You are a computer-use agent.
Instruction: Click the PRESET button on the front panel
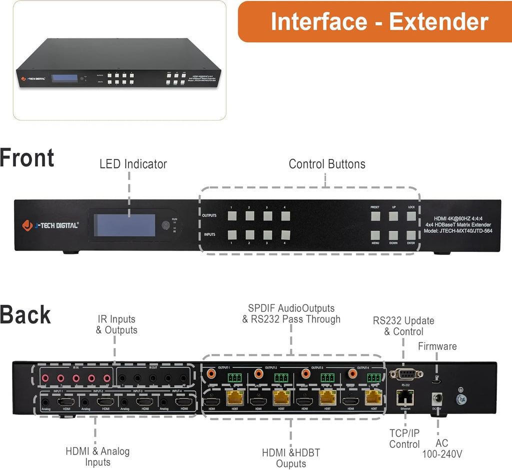[376, 216]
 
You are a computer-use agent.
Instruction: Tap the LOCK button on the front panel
[411, 216]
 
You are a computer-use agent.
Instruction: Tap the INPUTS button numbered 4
[285, 235]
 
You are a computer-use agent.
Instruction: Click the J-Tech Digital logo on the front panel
[50, 225]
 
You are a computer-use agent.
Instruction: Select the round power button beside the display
[165, 225]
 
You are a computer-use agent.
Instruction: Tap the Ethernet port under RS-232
[405, 398]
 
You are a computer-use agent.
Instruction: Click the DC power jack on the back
[438, 399]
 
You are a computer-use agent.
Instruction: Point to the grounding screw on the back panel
[460, 399]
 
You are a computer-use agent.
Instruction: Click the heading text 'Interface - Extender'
[379, 22]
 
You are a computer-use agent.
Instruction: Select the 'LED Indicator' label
[133, 164]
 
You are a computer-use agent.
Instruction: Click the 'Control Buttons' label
[327, 164]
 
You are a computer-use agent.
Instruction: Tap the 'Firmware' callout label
[437, 346]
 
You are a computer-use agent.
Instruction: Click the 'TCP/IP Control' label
[405, 438]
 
